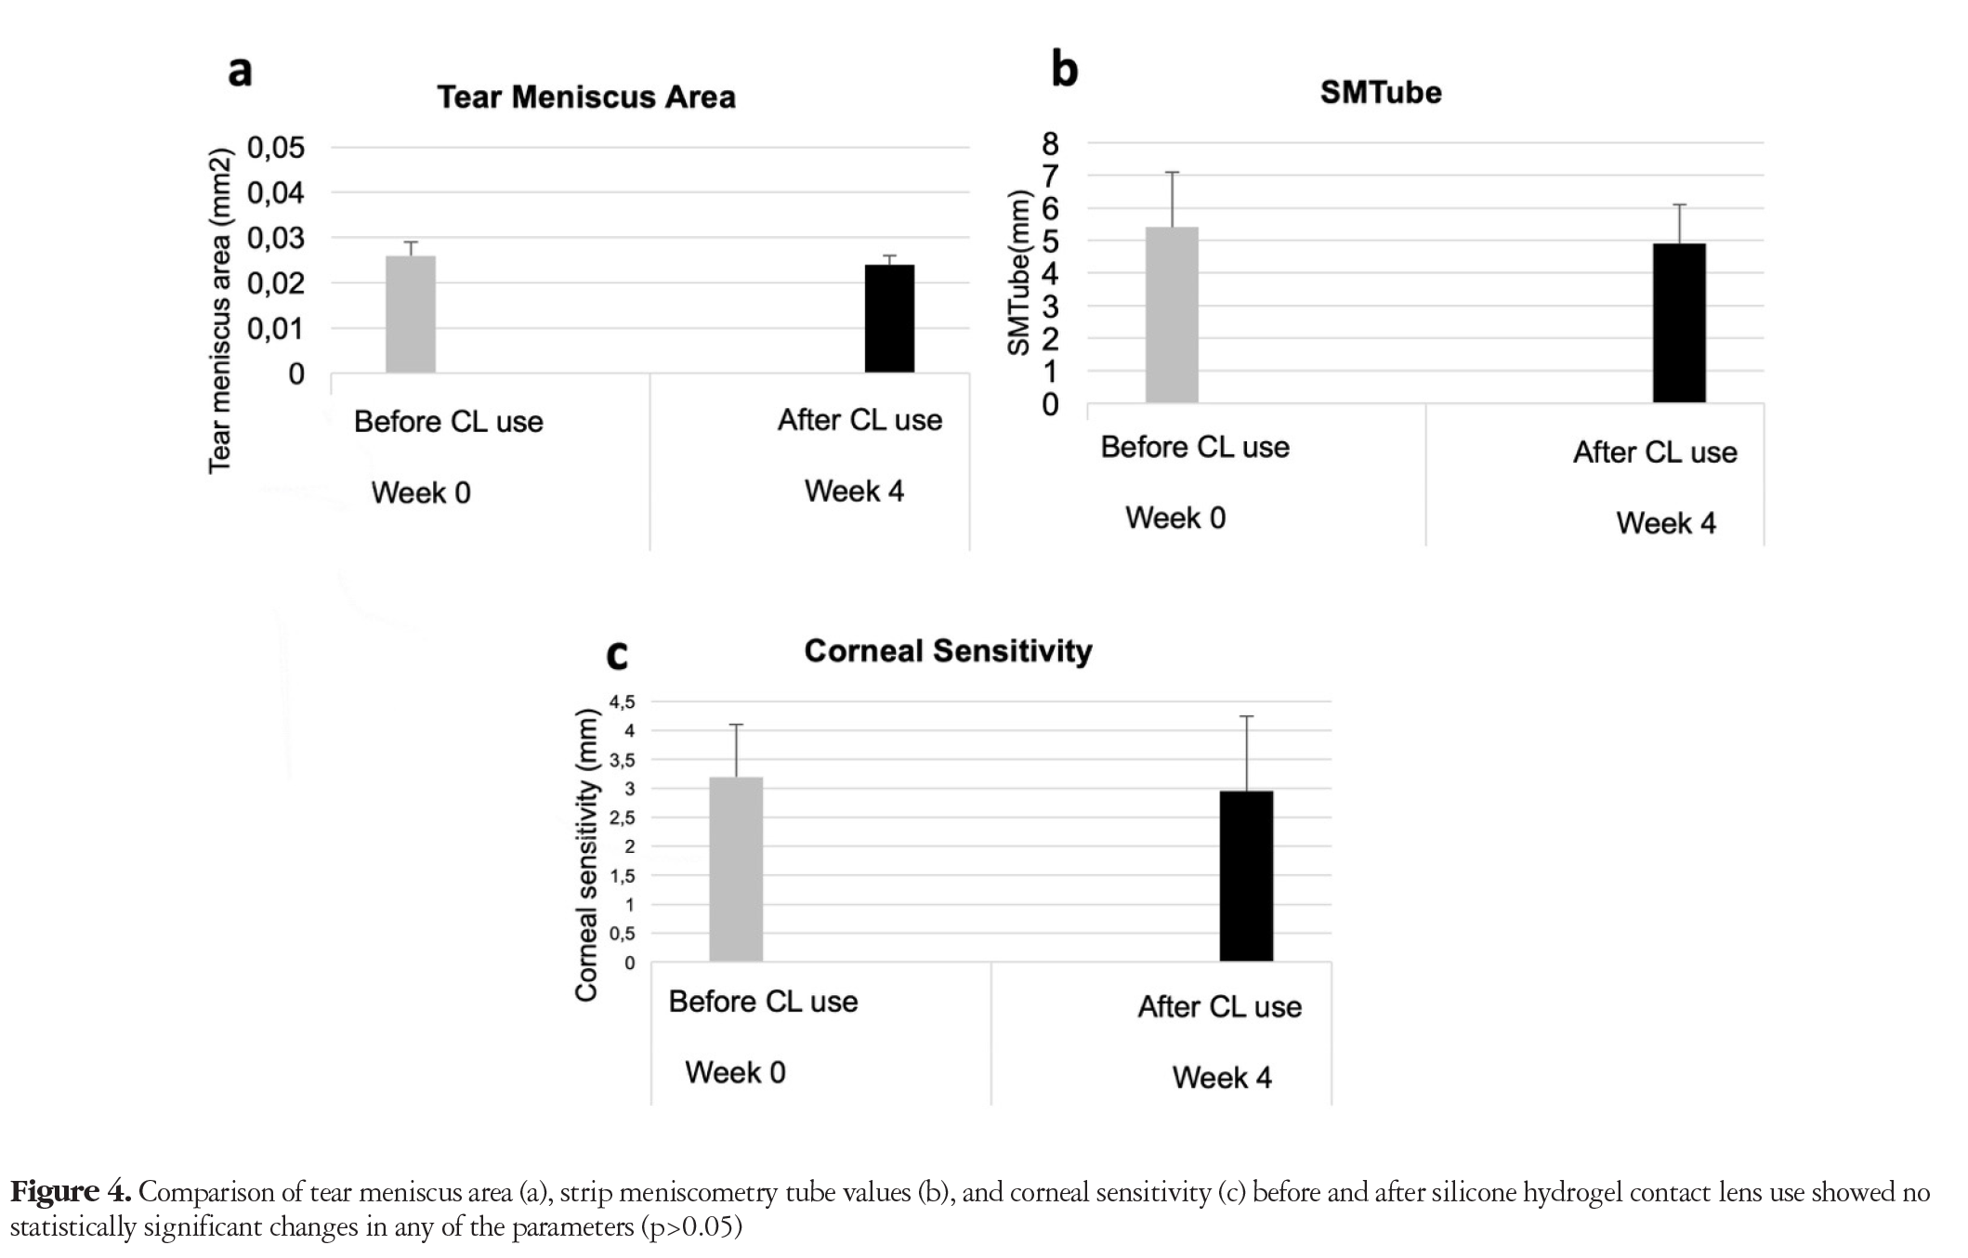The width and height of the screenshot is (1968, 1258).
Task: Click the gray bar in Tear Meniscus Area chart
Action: pos(411,314)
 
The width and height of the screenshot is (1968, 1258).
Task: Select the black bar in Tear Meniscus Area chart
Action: pos(889,319)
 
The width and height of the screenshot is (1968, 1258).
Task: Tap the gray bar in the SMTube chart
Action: pos(1172,315)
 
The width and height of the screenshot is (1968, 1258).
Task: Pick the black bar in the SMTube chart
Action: pos(1679,323)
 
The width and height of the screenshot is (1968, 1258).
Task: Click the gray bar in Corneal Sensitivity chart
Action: pos(736,870)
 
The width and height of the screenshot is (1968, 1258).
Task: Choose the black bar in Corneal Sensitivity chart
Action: pos(1246,876)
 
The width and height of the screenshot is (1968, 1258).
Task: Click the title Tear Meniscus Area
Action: pos(586,98)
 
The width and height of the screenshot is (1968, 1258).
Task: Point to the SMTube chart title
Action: pos(1381,92)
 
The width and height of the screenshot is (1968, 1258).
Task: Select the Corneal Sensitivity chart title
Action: pos(948,651)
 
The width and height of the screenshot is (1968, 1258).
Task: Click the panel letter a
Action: pos(240,71)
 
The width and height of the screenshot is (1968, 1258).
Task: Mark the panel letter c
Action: pos(617,655)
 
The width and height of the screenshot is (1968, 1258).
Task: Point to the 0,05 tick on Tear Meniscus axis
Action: pos(276,148)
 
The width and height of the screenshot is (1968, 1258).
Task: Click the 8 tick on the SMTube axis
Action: pos(1050,143)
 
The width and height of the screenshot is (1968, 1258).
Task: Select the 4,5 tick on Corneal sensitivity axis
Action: pos(623,701)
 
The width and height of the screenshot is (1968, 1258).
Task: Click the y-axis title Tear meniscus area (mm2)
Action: pos(219,311)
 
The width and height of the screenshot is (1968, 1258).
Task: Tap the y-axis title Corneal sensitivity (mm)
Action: pos(586,856)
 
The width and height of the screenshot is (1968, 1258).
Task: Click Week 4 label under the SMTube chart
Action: pos(1666,523)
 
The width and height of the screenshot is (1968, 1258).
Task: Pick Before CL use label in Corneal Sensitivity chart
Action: pos(763,1002)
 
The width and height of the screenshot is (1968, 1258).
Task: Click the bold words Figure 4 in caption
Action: pos(70,1192)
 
